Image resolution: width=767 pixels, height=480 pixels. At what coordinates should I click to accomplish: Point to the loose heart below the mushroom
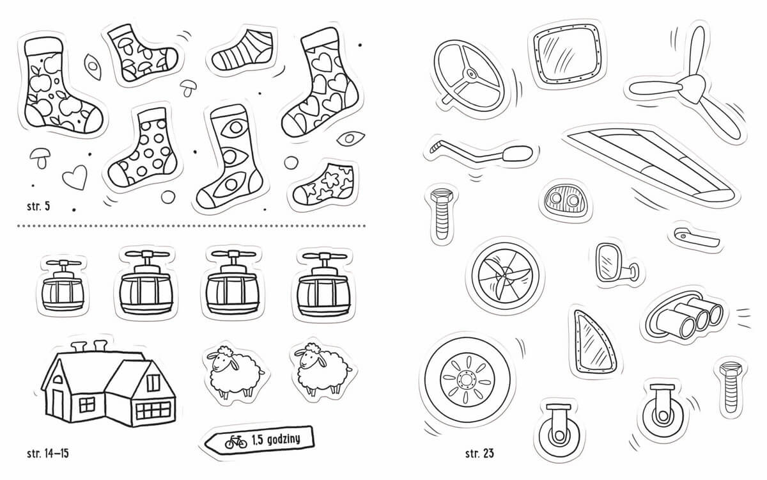[75, 177]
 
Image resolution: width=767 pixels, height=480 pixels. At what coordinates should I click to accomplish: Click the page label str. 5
[38, 206]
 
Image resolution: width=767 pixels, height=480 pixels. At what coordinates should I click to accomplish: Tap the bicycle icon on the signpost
[236, 442]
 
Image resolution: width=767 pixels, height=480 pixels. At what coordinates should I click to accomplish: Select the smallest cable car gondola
[63, 286]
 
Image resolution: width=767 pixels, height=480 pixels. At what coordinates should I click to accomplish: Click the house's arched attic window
[58, 379]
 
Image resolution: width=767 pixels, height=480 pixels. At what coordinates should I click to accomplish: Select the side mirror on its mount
[615, 263]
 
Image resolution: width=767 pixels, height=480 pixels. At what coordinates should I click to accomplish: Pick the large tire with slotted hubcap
[467, 380]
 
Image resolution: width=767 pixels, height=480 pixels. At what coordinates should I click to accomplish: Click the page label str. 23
[479, 454]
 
